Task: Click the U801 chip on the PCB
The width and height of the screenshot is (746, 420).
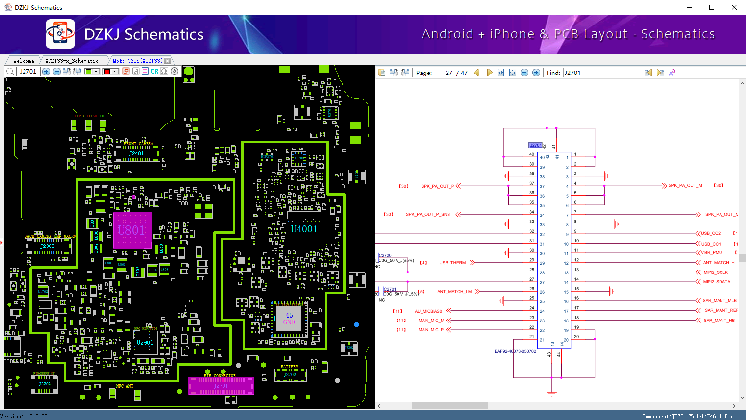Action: (x=131, y=230)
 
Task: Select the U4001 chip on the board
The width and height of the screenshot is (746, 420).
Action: (x=304, y=229)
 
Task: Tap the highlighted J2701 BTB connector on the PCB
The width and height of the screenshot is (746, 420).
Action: (x=221, y=386)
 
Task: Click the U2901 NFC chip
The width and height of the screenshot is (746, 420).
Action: (x=145, y=342)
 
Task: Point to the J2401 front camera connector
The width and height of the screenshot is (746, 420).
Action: (x=136, y=153)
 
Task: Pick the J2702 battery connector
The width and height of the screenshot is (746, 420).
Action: (x=290, y=375)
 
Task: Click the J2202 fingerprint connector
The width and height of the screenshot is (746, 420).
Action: (x=45, y=384)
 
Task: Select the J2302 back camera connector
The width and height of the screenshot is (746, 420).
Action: (x=48, y=246)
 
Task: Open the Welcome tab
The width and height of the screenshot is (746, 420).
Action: (x=24, y=61)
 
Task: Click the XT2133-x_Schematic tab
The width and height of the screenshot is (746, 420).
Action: (x=72, y=61)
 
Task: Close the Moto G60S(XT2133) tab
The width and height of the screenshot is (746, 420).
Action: (x=168, y=61)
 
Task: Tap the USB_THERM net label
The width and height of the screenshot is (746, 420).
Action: (x=452, y=263)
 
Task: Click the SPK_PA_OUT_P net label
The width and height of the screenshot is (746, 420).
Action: (x=437, y=186)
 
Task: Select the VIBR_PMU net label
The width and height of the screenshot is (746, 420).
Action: (x=711, y=253)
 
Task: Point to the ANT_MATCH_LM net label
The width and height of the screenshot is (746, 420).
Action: (x=454, y=292)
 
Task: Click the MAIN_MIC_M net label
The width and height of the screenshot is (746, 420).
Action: (x=431, y=321)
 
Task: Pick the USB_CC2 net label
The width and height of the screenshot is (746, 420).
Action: (x=711, y=234)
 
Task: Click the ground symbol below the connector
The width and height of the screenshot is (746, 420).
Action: (x=552, y=394)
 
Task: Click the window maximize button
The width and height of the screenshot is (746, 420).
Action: (x=712, y=7)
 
